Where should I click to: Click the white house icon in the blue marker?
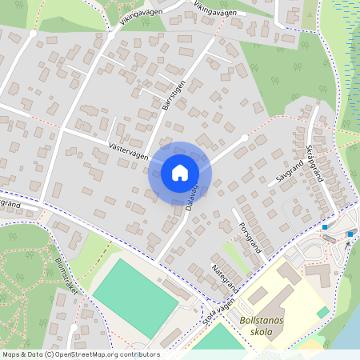pyautogui.click(x=179, y=172)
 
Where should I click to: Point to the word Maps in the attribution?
pyautogui.click(x=12, y=354)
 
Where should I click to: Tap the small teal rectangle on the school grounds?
pyautogui.click(x=323, y=311)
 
